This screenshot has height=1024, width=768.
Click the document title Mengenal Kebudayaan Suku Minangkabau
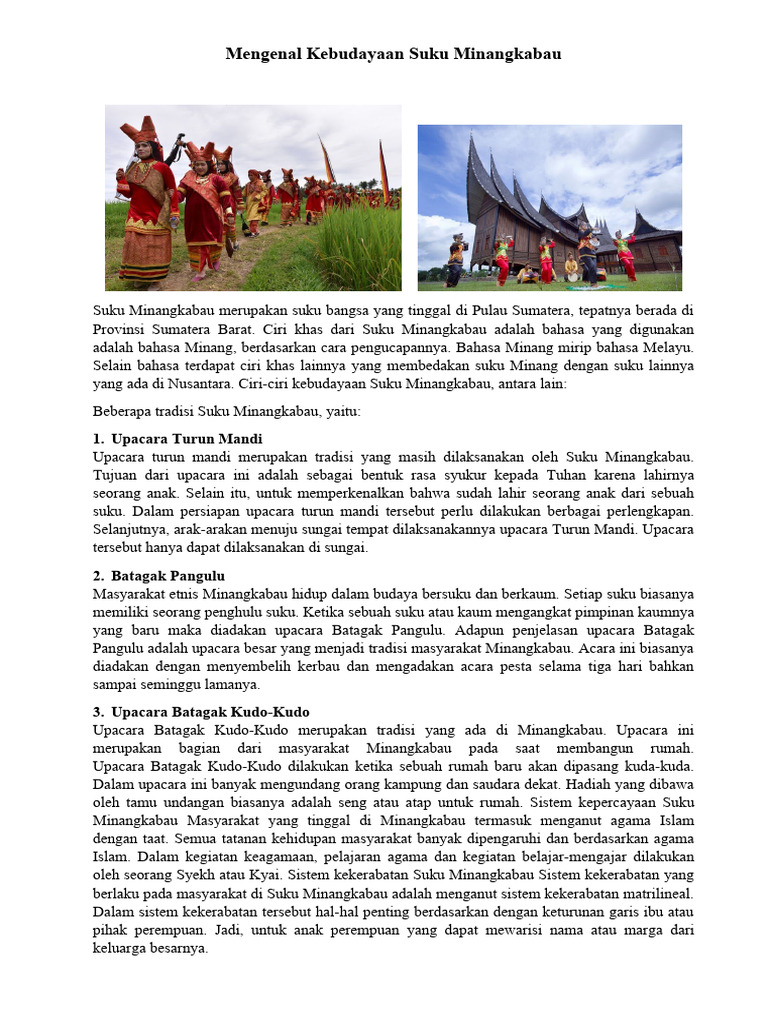392,54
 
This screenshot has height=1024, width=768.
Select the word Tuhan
564,475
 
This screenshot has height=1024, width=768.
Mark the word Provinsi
122,329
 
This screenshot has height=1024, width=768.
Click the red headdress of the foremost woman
140,130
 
